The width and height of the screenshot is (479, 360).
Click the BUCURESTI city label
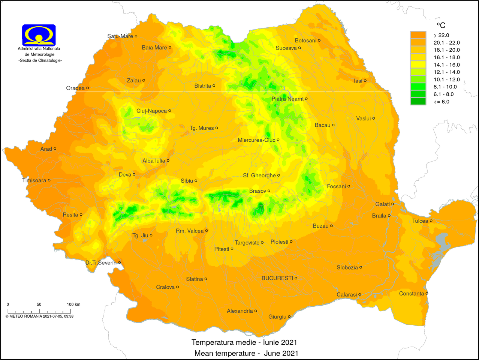pyautogui.click(x=277, y=278)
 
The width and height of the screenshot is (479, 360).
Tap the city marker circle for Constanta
pyautogui.click(x=427, y=294)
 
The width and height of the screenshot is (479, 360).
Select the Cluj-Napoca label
pyautogui.click(x=151, y=111)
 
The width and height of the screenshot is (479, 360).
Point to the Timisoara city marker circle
pyautogui.click(x=49, y=180)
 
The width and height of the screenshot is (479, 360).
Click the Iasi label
pyautogui.click(x=358, y=81)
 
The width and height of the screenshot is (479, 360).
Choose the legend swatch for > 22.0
pyautogui.click(x=418, y=35)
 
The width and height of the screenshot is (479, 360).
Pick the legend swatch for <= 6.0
pyautogui.click(x=418, y=102)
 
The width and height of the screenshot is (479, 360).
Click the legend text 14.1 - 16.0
pyautogui.click(x=446, y=65)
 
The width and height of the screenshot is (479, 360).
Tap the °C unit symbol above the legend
pyautogui.click(x=441, y=25)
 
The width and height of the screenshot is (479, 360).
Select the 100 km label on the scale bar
pyautogui.click(x=73, y=304)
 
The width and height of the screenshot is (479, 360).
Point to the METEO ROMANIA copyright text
pyautogui.click(x=39, y=316)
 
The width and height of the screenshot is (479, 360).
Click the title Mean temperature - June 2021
pyautogui.click(x=246, y=353)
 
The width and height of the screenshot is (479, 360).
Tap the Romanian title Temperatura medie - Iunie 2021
pyautogui.click(x=244, y=342)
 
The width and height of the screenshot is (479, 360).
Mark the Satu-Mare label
pyautogui.click(x=120, y=36)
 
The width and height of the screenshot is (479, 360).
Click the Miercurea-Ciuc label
pyautogui.click(x=256, y=140)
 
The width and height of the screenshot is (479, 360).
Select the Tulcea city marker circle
pyautogui.click(x=431, y=221)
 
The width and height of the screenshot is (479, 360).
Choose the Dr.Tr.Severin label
pyautogui.click(x=101, y=263)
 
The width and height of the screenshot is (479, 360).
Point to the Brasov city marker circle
pyautogui.click(x=269, y=191)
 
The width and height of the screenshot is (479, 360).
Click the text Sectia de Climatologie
pyautogui.click(x=40, y=60)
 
